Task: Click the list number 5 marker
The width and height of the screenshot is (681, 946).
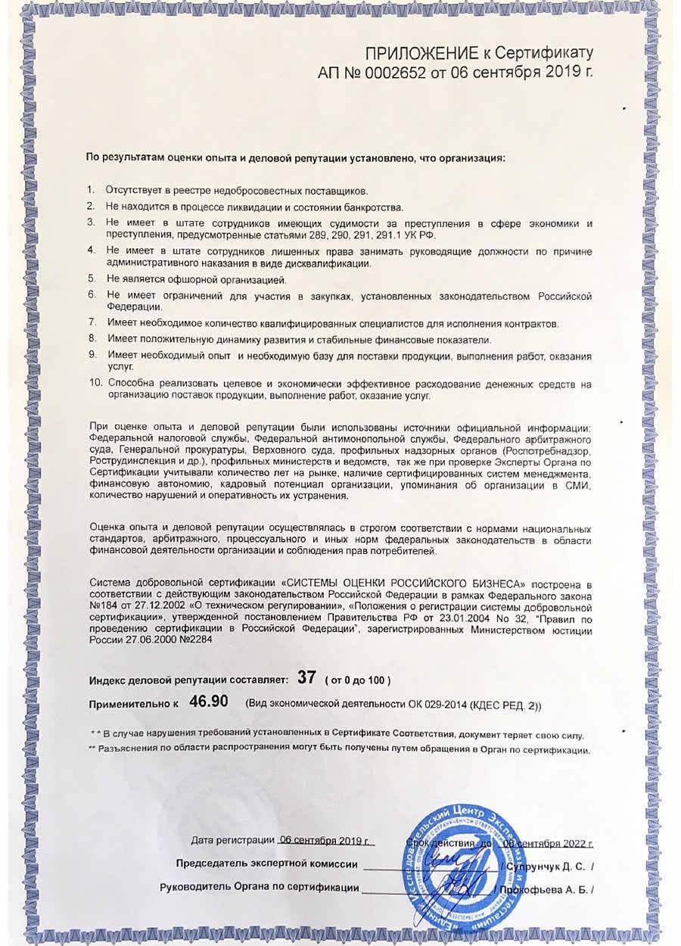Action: click(91, 278)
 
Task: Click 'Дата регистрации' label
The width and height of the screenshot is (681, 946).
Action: click(232, 840)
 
